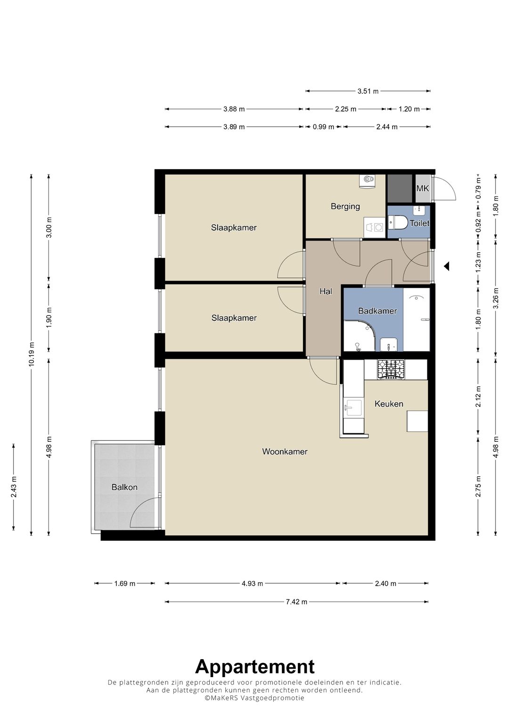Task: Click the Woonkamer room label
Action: [285, 452]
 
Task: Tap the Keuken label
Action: [389, 404]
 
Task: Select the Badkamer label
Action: [377, 311]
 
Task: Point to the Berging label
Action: [345, 207]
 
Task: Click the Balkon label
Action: [124, 487]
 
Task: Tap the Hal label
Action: [326, 291]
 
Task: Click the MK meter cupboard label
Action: [422, 188]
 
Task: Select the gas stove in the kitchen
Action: [391, 369]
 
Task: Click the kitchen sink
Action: [353, 408]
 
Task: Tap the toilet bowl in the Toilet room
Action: [398, 222]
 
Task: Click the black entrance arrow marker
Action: [446, 266]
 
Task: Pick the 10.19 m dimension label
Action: [32, 354]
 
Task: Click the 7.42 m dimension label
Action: [296, 602]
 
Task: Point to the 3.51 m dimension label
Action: [368, 91]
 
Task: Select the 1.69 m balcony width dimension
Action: [125, 583]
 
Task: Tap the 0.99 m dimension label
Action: [323, 127]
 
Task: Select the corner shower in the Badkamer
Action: [359, 336]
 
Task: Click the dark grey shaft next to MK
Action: [400, 188]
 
